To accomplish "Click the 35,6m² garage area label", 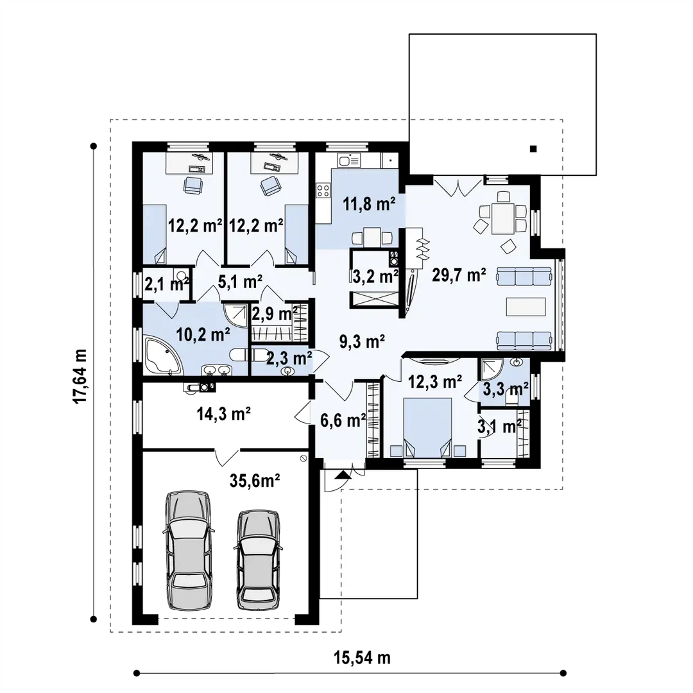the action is coord(255,481).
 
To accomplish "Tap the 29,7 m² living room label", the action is coord(459,275).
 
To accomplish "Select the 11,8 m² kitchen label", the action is coord(370,204).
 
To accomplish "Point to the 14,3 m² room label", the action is coord(224,415).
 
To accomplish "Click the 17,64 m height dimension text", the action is coord(80,376).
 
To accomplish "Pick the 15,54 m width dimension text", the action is coord(362,658).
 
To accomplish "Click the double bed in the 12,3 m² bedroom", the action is coord(428,427).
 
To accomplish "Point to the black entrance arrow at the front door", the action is coord(343,475).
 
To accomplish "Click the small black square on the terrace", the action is coord(533,149).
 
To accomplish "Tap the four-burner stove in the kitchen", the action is coord(323,191).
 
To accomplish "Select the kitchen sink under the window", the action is coord(348,160).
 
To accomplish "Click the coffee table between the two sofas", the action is coord(526,307).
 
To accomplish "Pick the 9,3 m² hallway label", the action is coord(362,341).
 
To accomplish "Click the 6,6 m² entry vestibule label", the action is coord(343,420).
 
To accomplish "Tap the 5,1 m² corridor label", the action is coord(241,281).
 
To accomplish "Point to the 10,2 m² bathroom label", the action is coord(203,334).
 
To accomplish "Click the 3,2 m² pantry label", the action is coord(375,277).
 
